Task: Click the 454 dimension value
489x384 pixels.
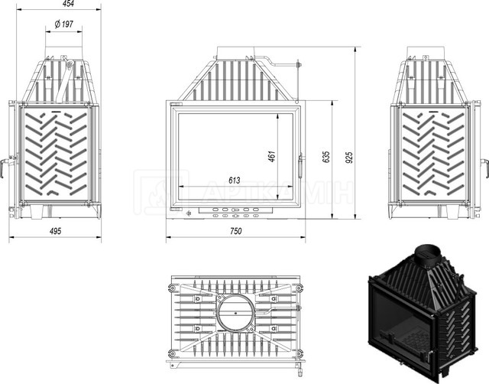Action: coord(68,3)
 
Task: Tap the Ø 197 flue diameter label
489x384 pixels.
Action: coord(64,24)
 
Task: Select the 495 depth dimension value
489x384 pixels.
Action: coord(55,231)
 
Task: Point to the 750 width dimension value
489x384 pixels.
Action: coord(236,231)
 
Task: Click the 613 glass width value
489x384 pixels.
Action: coord(235,180)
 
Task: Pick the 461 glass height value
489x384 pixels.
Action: coord(272,156)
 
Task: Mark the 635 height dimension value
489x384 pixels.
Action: coord(325,157)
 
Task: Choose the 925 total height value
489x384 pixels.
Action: coord(349,158)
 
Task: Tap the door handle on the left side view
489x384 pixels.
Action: coord(6,164)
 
